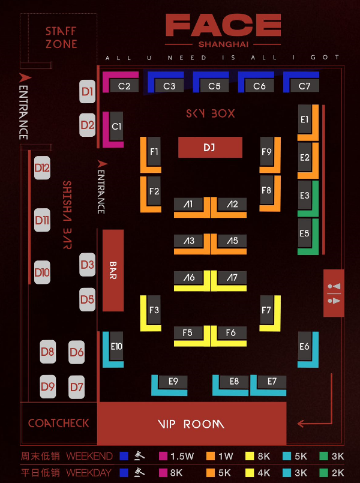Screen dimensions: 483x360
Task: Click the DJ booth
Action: pyautogui.click(x=210, y=147)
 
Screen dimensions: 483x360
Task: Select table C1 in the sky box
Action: pyautogui.click(x=116, y=127)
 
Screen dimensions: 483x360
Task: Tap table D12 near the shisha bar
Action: pyautogui.click(x=42, y=168)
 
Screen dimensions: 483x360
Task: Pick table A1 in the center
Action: pyautogui.click(x=188, y=205)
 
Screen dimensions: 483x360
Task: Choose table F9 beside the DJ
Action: pyautogui.click(x=266, y=152)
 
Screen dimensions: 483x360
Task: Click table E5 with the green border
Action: pyautogui.click(x=305, y=233)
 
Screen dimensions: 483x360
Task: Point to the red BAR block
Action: pyautogui.click(x=113, y=270)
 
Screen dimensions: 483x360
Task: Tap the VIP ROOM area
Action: pyautogui.click(x=191, y=424)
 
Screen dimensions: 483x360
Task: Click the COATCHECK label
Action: pyautogui.click(x=58, y=423)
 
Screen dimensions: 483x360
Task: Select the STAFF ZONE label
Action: pyautogui.click(x=61, y=37)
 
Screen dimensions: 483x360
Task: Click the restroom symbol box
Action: pyautogui.click(x=334, y=293)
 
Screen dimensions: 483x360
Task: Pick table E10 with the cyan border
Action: pyautogui.click(x=116, y=346)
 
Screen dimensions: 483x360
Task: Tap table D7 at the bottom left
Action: pyautogui.click(x=76, y=387)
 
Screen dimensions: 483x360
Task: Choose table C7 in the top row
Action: pyautogui.click(x=304, y=86)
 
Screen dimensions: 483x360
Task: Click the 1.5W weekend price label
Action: pyautogui.click(x=182, y=456)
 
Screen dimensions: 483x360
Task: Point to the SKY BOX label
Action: pyautogui.click(x=210, y=113)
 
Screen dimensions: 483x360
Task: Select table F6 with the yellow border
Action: pyautogui.click(x=230, y=332)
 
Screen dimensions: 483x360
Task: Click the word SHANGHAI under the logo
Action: pyautogui.click(x=223, y=44)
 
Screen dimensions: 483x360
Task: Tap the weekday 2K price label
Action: pyautogui.click(x=337, y=472)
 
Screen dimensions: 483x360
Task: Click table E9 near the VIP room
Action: pyautogui.click(x=173, y=381)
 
